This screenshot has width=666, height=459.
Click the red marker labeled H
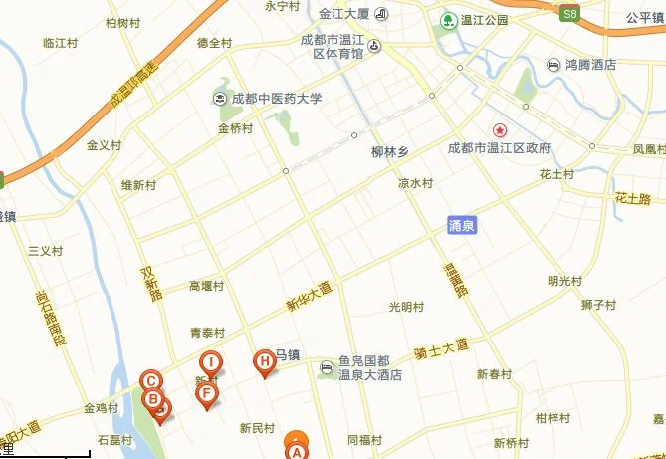pyautogui.click(x=264, y=363)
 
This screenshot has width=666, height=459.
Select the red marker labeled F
pyautogui.click(x=207, y=394)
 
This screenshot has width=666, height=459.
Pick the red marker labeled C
pyautogui.click(x=151, y=380)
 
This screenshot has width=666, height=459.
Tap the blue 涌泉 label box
pyautogui.click(x=462, y=226)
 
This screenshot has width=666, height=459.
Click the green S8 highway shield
pyautogui.click(x=569, y=14)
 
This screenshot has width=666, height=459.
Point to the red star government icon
pyautogui.click(x=500, y=130)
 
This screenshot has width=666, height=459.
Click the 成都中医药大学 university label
pyautogui.click(x=277, y=99)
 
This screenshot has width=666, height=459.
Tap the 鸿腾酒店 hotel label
pyautogui.click(x=591, y=65)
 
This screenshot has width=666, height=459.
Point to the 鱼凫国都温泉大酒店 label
pyautogui.click(x=369, y=368)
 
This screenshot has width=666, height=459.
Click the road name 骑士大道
pyautogui.click(x=441, y=348)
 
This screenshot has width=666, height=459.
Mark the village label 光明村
pyautogui.click(x=406, y=306)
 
